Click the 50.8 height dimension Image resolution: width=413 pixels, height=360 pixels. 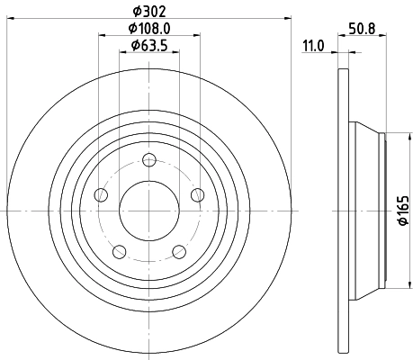(x=363, y=29)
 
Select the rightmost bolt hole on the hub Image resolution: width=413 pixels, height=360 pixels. (x=198, y=195)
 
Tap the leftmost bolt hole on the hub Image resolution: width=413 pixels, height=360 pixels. (x=101, y=195)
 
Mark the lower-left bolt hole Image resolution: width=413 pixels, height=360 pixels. (x=119, y=252)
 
